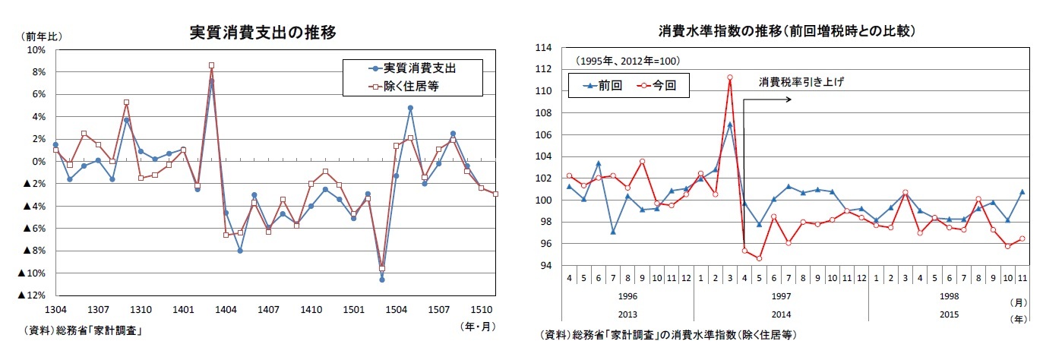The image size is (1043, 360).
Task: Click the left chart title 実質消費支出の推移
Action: click(x=263, y=33)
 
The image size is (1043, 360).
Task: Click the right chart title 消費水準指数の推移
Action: click(x=786, y=31)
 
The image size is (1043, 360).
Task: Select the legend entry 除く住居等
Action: click(x=410, y=87)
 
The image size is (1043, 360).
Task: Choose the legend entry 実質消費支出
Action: click(x=419, y=68)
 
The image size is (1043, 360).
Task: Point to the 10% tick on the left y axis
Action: click(x=36, y=49)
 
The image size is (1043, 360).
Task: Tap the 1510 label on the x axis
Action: click(x=477, y=310)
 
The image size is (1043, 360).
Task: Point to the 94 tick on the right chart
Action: click(x=545, y=265)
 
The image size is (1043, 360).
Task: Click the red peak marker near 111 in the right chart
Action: click(x=729, y=77)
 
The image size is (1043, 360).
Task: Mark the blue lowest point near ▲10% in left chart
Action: click(x=381, y=279)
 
